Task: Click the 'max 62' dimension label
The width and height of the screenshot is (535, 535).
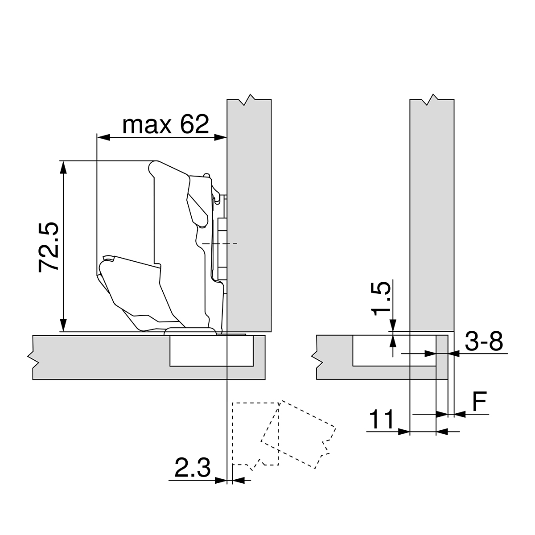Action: (165, 125)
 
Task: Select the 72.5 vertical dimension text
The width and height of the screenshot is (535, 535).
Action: (49, 246)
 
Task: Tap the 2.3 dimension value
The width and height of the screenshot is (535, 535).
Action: (192, 468)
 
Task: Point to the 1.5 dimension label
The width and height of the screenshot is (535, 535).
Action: (382, 297)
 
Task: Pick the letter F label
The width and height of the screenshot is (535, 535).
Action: (479, 402)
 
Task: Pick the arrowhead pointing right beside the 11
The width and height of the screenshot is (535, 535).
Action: (404, 431)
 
